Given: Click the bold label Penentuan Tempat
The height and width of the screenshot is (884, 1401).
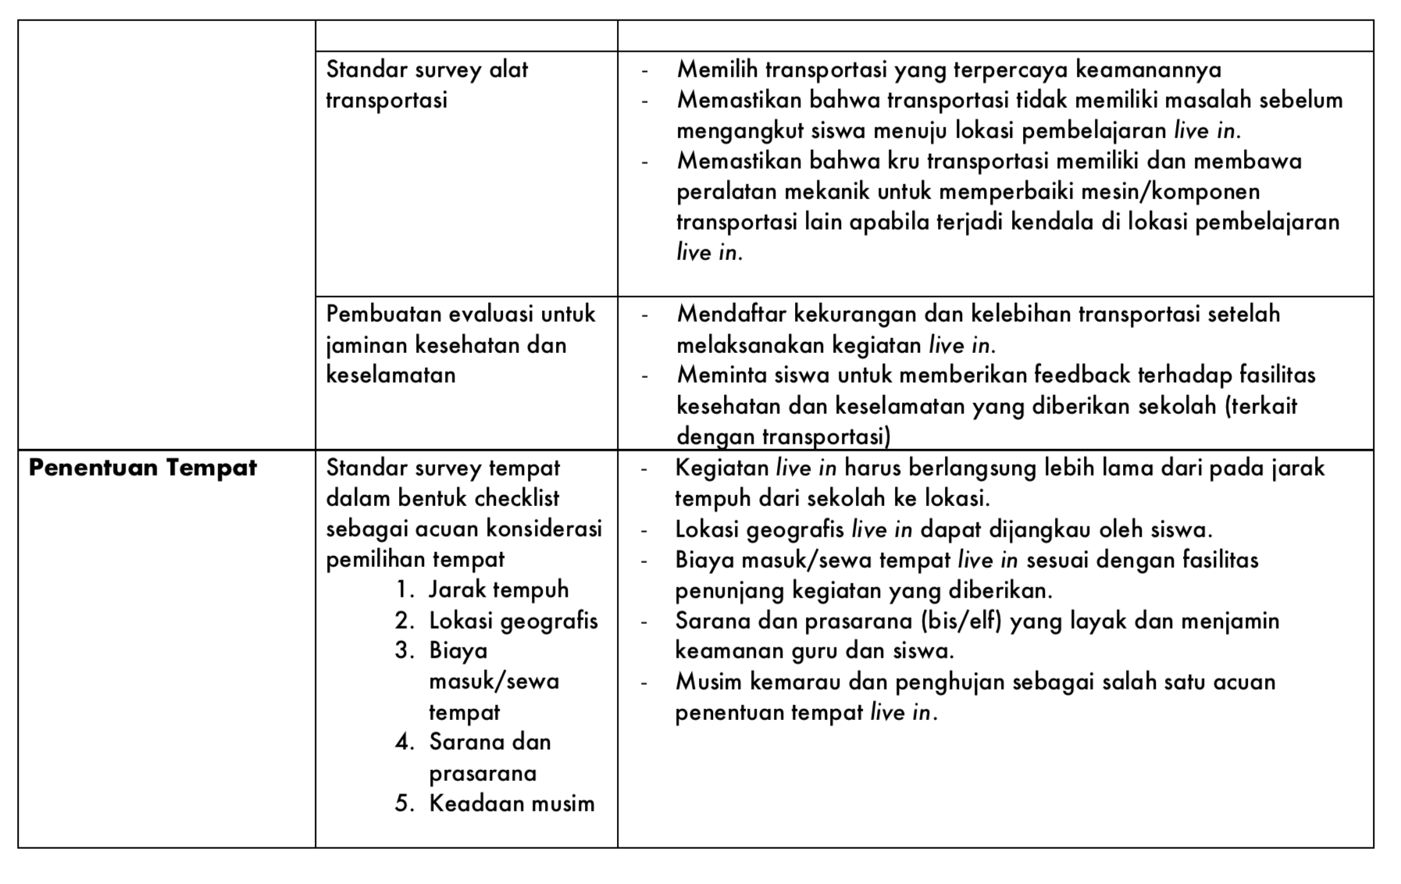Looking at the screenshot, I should pos(143,468).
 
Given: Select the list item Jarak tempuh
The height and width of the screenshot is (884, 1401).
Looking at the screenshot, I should pos(498,590).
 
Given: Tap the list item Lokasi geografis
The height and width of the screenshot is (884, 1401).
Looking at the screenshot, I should pos(513,621).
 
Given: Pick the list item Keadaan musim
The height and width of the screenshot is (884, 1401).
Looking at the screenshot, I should pos(512,804).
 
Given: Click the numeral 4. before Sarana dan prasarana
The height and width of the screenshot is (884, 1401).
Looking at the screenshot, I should pos(405,742).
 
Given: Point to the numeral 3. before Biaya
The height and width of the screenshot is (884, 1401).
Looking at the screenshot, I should pos(405,651).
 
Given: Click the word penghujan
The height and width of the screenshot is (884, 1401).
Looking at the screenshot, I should pos(949,683).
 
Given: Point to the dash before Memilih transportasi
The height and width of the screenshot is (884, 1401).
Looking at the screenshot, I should pos(644,71).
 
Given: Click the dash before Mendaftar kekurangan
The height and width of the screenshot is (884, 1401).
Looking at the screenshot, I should pos(644,315).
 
